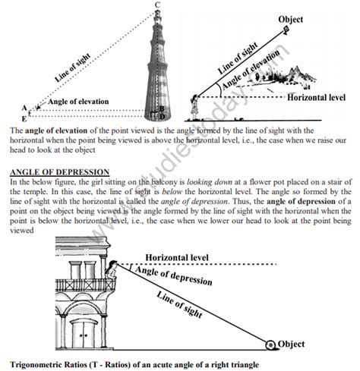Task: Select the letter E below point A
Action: pos(24,118)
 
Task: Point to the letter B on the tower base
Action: pos(162,109)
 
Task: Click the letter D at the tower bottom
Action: pos(162,118)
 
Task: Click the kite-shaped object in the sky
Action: pos(286,30)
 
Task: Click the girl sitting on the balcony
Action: pos(112,267)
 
